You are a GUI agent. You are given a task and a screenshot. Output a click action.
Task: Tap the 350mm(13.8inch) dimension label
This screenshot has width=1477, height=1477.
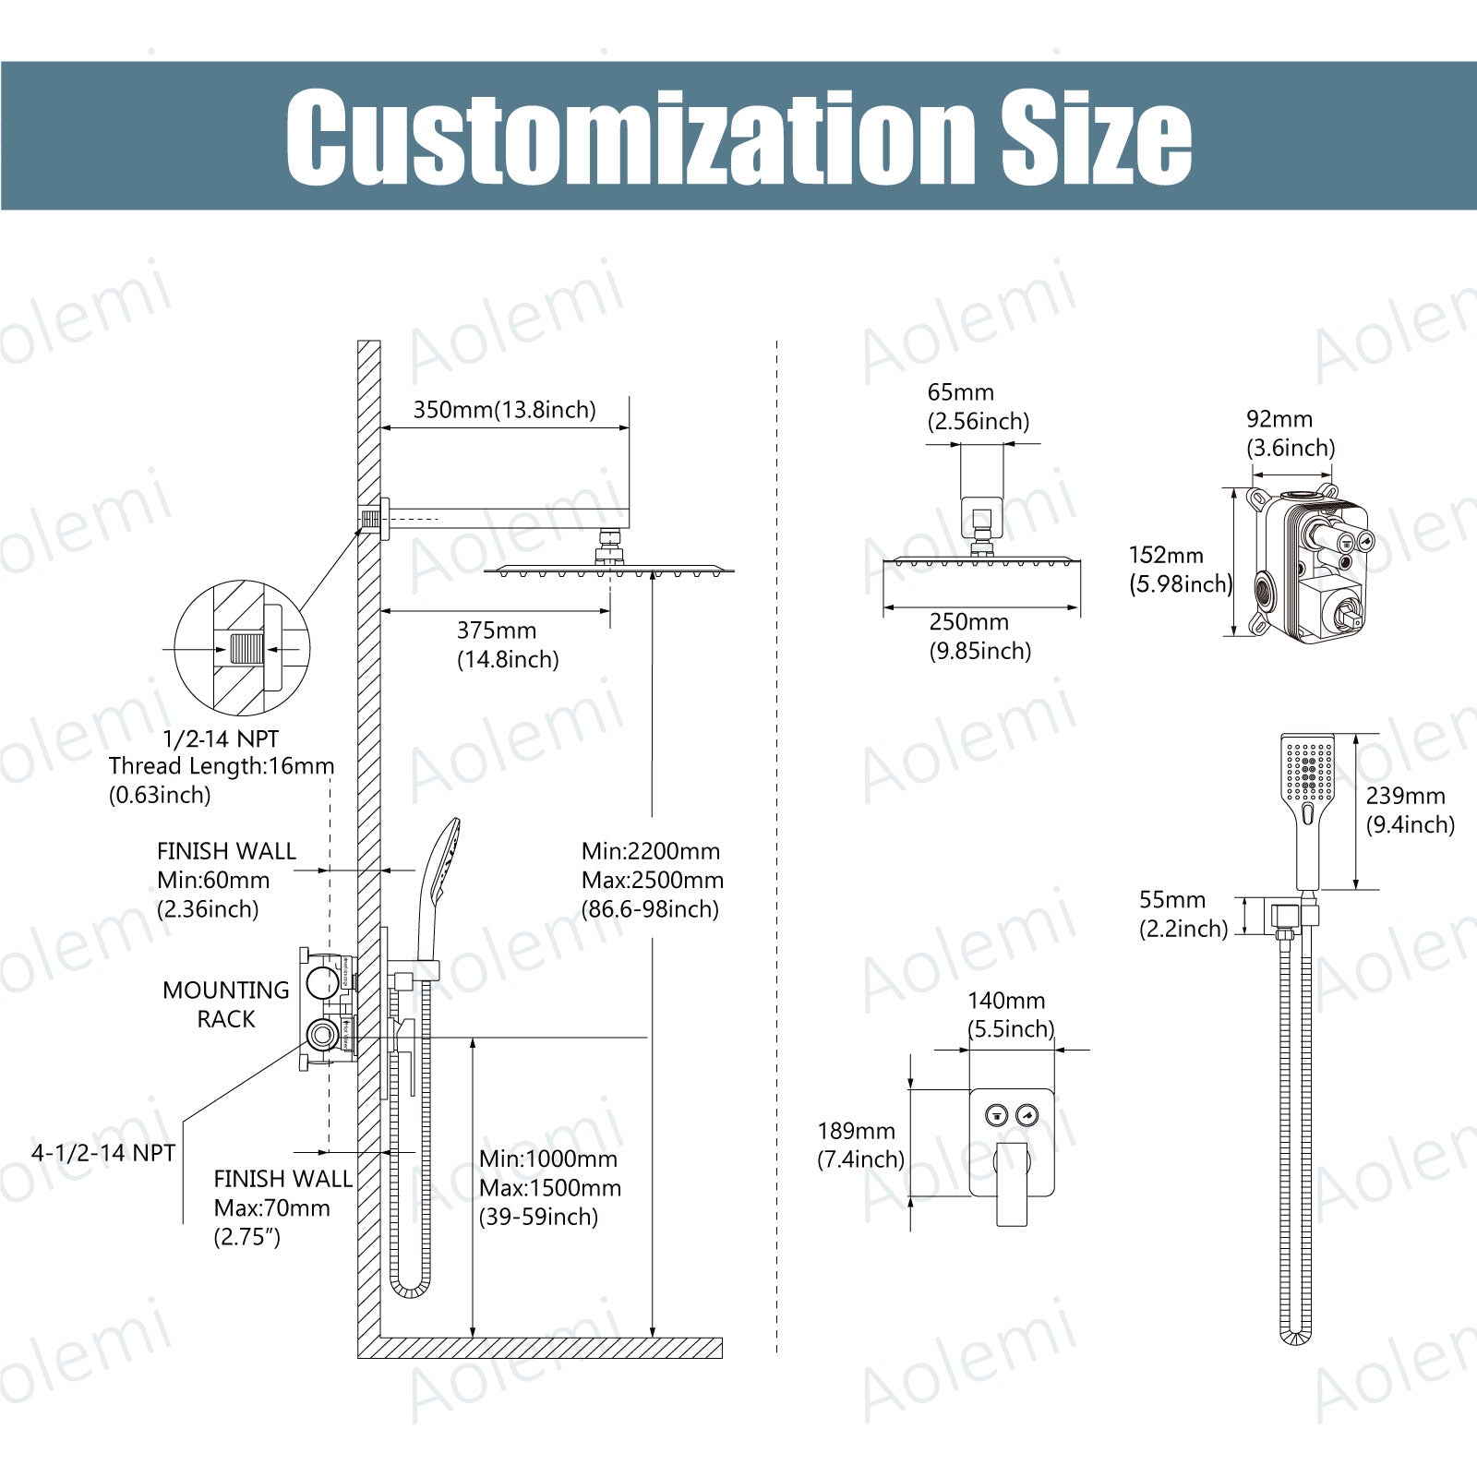click(x=504, y=410)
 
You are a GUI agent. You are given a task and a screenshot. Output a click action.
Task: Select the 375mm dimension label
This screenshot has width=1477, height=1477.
click(x=497, y=630)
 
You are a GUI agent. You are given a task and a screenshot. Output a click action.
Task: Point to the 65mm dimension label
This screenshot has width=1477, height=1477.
click(x=961, y=392)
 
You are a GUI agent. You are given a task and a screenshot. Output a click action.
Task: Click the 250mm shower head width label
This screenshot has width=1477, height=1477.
click(x=969, y=621)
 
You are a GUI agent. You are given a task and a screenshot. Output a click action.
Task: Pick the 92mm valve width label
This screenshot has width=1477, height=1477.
click(x=1279, y=419)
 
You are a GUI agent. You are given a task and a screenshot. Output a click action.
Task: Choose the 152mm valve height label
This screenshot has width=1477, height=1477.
click(x=1166, y=555)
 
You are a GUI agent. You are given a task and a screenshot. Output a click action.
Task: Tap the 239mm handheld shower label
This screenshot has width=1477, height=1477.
click(x=1406, y=796)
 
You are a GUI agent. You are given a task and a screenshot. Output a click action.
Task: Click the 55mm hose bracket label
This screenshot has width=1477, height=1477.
click(x=1172, y=899)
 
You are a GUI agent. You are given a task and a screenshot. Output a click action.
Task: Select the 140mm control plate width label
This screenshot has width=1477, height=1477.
click(x=1006, y=1001)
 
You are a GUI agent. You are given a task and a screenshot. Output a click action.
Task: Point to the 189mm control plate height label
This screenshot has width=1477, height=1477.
click(x=856, y=1131)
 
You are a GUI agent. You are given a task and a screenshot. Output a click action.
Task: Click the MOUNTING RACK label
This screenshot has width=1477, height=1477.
click(x=226, y=1004)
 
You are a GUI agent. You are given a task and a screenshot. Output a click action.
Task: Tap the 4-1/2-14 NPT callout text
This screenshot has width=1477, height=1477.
click(x=103, y=1153)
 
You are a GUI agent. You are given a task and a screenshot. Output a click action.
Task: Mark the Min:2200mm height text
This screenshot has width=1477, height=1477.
click(x=651, y=851)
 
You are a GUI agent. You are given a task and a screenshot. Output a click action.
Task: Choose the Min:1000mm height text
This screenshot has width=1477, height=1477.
click(x=548, y=1159)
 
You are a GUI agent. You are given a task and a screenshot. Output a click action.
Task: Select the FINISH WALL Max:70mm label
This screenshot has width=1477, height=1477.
click(x=282, y=1208)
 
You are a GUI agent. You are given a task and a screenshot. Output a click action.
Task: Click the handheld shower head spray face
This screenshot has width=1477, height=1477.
click(x=1308, y=770)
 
